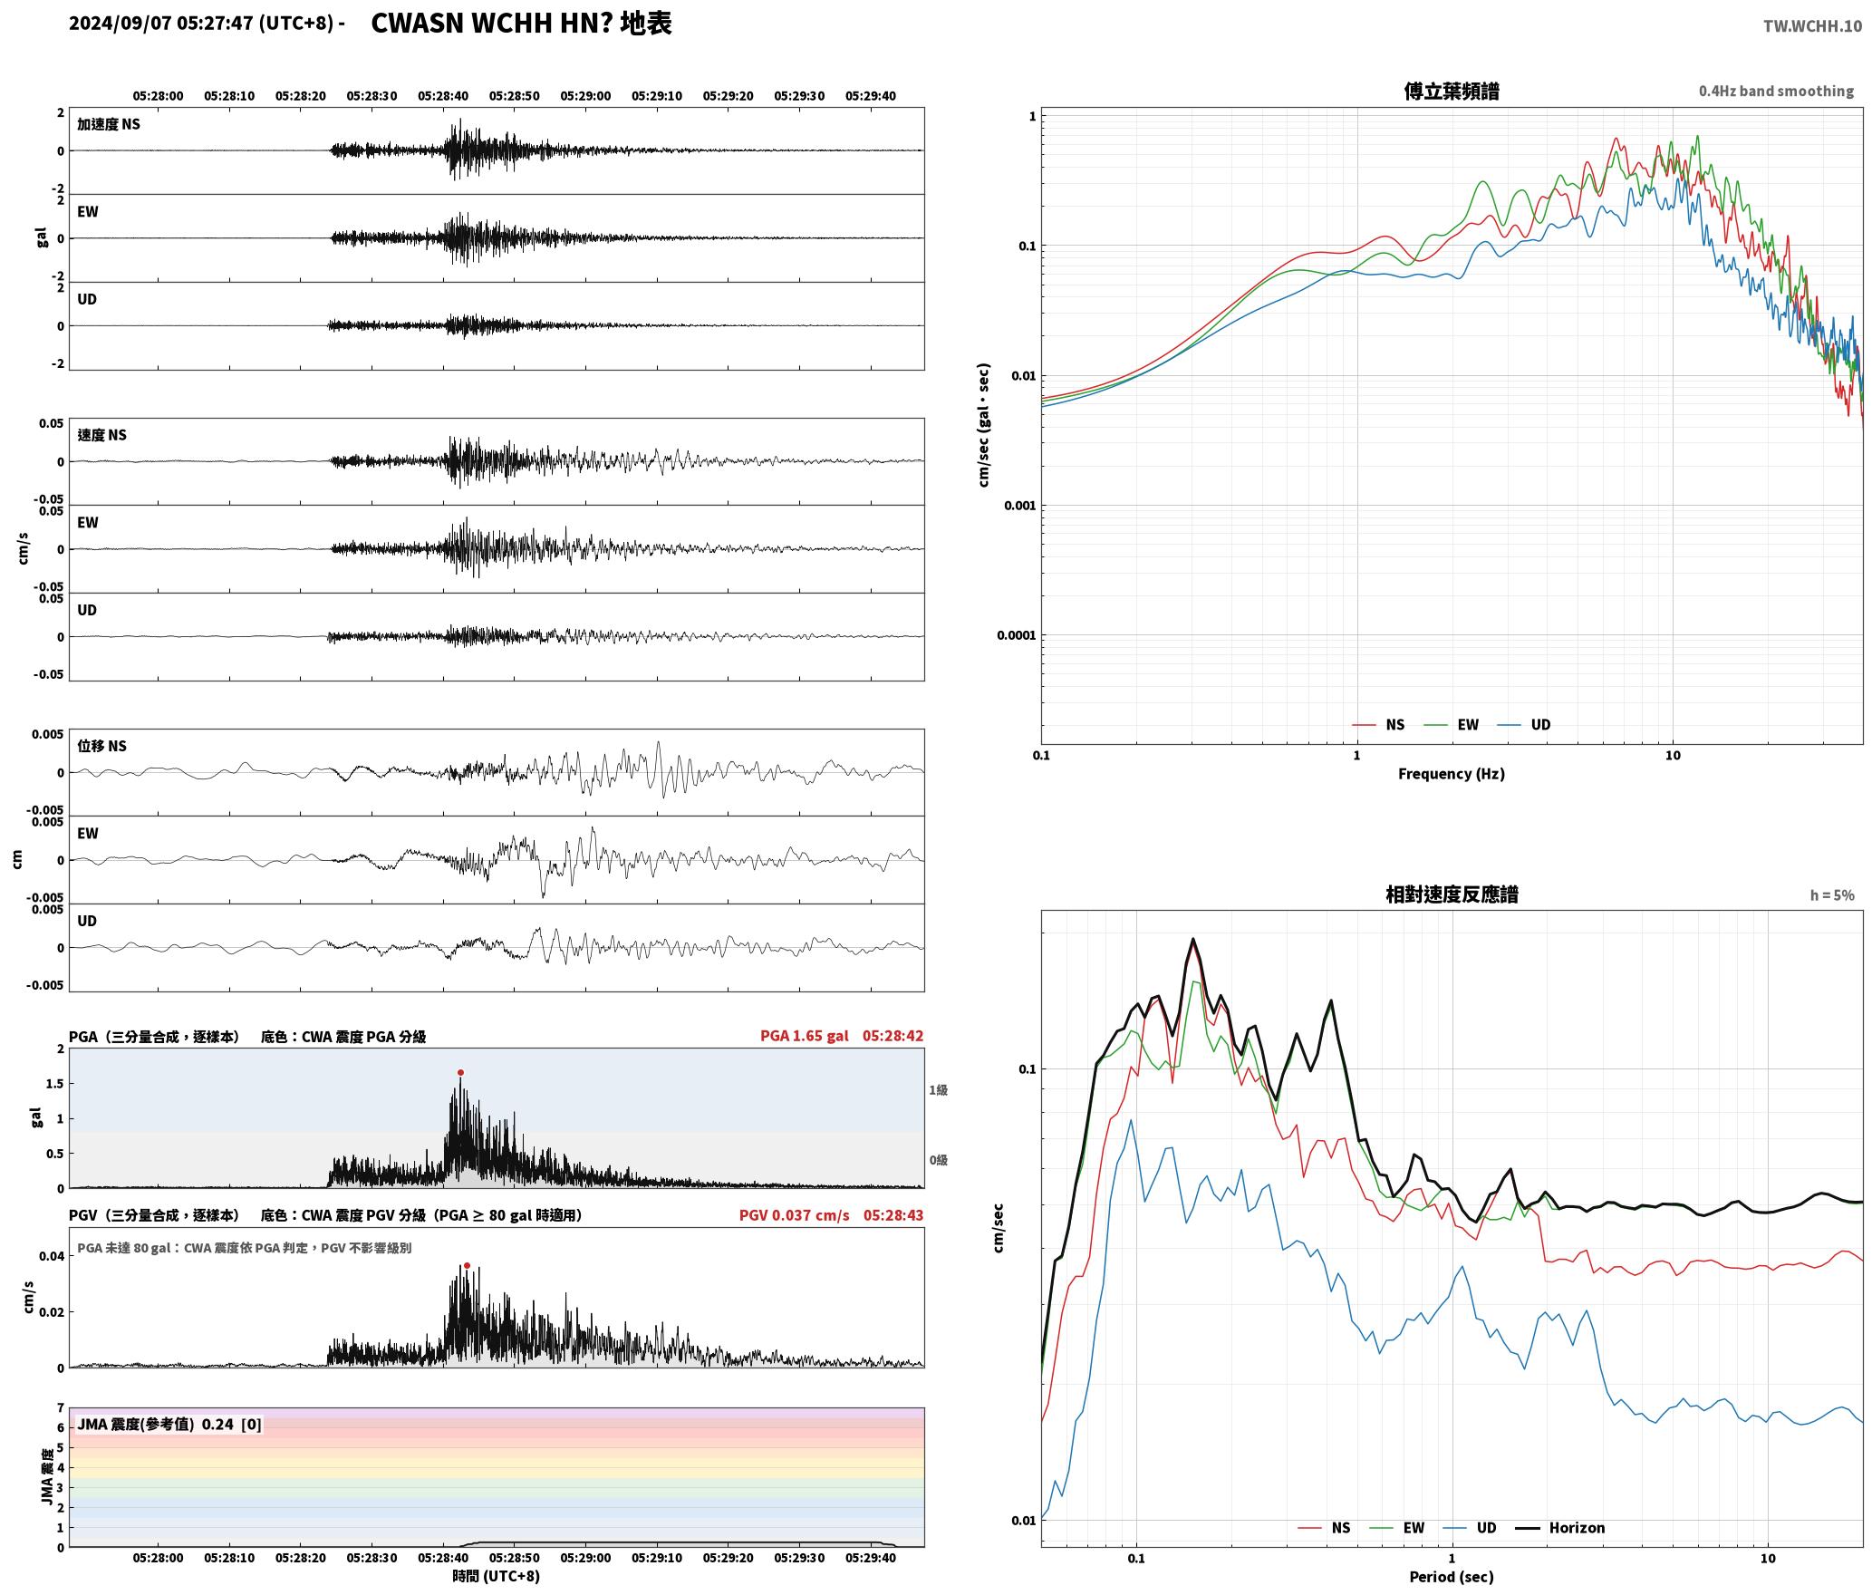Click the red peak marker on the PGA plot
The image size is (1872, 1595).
coord(460,1072)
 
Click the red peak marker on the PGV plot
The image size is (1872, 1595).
coord(467,1265)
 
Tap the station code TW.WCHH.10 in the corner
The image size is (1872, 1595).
coord(1812,26)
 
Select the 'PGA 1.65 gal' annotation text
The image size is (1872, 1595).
coord(805,1036)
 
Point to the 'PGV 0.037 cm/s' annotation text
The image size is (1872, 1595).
coord(795,1215)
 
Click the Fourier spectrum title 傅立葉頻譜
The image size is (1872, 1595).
coord(1452,91)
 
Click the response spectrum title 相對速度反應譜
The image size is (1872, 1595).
coord(1452,894)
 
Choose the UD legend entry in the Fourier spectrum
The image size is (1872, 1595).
coord(1524,725)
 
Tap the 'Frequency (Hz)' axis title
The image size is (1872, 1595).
coord(1452,774)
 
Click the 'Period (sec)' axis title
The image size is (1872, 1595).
coord(1452,1577)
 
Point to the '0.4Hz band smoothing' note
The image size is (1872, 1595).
coord(1776,92)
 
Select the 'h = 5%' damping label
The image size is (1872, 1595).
coord(1832,895)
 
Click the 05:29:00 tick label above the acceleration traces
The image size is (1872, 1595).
coord(585,96)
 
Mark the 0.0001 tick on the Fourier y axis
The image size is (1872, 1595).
coord(1016,635)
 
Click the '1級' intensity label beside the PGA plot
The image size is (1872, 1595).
coord(938,1090)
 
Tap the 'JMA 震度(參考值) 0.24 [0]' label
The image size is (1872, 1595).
coord(169,1425)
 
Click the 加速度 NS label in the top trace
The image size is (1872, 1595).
coord(109,124)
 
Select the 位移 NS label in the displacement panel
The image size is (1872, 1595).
coord(101,746)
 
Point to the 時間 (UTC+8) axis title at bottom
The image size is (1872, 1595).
coord(497,1576)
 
